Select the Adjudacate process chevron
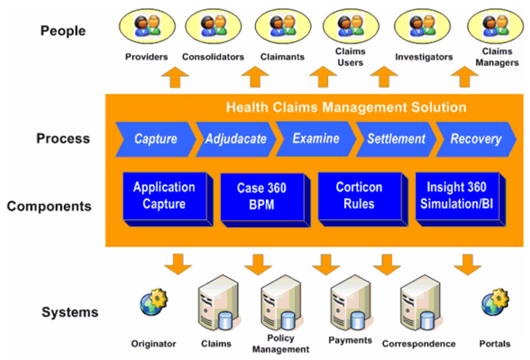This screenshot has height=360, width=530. [x=235, y=139]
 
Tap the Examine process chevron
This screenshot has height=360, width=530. [x=315, y=139]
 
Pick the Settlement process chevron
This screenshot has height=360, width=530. [x=396, y=139]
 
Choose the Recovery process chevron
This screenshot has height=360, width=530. [x=476, y=139]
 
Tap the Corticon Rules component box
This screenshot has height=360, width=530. [x=359, y=196]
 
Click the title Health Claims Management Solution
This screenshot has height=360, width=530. [x=346, y=108]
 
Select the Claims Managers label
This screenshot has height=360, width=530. [x=497, y=57]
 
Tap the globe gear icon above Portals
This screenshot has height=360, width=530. [x=495, y=301]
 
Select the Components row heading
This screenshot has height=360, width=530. [x=49, y=207]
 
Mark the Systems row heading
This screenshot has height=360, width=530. [x=70, y=312]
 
